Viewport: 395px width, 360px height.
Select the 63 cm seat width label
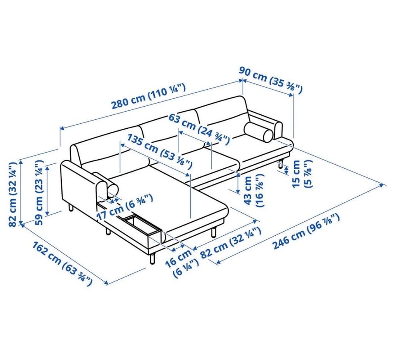click(x=199, y=129)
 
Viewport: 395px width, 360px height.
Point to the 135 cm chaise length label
click(x=160, y=151)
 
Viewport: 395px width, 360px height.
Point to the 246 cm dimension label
click(x=307, y=231)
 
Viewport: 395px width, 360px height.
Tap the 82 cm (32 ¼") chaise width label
click(x=230, y=242)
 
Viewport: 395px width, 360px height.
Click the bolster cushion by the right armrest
click(x=258, y=132)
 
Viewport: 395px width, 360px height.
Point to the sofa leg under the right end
click(x=280, y=164)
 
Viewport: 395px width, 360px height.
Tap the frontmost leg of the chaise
click(x=152, y=258)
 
